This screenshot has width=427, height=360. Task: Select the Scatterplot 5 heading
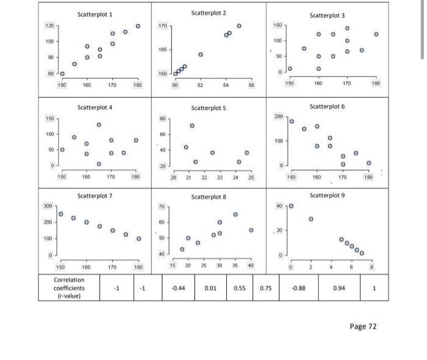209,107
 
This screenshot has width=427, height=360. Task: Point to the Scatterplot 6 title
327,106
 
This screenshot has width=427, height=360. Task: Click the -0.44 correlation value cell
178,288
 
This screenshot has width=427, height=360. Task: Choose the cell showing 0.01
212,288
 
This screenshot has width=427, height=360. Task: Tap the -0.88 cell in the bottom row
298,288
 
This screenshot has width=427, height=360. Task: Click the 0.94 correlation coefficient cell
339,288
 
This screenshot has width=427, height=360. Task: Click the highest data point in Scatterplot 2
239,26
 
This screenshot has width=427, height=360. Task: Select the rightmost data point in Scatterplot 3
376,35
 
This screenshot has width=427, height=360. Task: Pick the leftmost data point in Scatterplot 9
290,206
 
